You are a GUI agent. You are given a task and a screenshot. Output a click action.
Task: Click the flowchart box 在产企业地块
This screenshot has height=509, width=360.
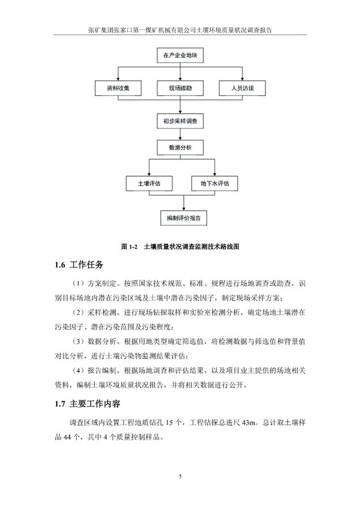point(180,55)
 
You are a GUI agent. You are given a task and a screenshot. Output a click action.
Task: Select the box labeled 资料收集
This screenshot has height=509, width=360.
point(118,88)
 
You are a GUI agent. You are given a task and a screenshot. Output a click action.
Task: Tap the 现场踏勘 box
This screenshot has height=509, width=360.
point(180,88)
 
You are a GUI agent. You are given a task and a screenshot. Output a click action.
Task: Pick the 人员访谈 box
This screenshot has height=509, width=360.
point(242,88)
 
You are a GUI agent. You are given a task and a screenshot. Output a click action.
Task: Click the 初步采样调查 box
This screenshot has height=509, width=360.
point(180,121)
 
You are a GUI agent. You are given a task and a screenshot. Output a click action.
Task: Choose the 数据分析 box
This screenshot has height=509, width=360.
point(180,147)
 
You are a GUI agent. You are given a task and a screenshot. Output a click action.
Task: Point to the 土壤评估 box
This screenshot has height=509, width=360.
point(149,183)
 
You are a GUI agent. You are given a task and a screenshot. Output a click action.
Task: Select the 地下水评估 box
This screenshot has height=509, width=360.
point(215,183)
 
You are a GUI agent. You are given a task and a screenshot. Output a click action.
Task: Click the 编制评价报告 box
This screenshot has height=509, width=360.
point(184,218)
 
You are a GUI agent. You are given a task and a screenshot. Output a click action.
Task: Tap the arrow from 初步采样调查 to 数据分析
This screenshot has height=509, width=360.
point(180,134)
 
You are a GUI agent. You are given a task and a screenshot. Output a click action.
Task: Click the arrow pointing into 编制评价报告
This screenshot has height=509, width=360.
point(184,203)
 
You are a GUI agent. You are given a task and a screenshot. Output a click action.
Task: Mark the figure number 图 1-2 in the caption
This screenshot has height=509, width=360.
point(130,247)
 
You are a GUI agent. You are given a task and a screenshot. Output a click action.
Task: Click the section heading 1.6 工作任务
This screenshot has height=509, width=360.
point(79,265)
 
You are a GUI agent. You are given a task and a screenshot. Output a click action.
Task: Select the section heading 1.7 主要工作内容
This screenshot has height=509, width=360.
point(87,404)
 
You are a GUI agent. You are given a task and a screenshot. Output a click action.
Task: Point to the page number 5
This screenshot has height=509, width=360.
point(180,476)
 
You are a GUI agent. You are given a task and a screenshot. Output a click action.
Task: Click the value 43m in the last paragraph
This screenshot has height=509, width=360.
point(248,422)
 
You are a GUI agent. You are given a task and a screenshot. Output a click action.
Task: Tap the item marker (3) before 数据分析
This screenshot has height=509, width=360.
point(79,341)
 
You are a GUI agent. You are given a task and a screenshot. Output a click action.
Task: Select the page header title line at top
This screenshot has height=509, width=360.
point(180,30)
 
